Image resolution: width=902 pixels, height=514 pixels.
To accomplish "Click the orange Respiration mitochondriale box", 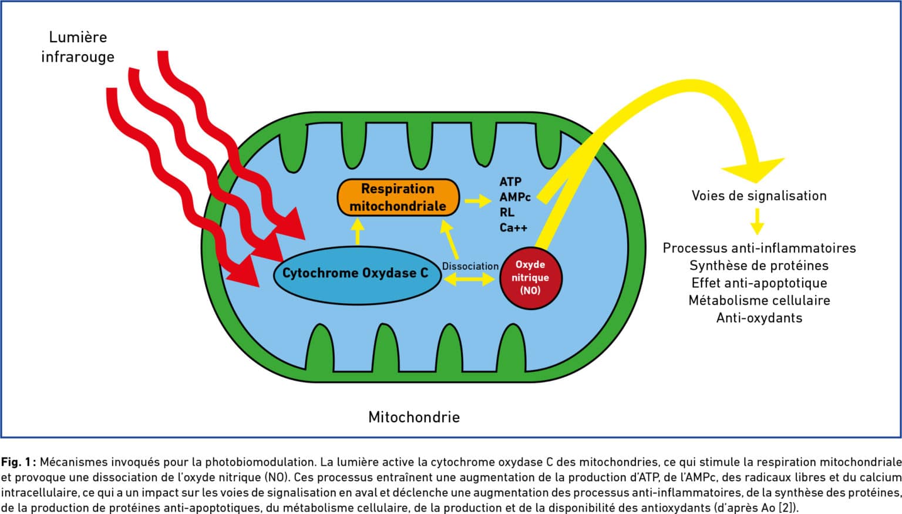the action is click(x=398, y=197).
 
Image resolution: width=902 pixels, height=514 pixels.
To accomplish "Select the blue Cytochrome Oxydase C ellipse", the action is click(x=357, y=275).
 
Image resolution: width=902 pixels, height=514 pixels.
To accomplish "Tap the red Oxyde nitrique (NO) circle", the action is click(x=530, y=277).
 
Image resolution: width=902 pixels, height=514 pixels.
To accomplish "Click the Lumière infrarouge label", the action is click(x=78, y=47).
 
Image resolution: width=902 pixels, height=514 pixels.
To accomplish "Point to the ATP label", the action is click(x=510, y=182).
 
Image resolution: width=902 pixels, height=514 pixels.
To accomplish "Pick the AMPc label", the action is click(x=515, y=197).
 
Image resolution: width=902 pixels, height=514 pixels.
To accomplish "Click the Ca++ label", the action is click(x=513, y=227).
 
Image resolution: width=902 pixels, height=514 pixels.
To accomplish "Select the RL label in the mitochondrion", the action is click(x=507, y=212).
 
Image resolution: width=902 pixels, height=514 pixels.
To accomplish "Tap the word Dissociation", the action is click(x=470, y=266).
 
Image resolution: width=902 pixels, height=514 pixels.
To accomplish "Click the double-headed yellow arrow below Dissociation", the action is click(x=469, y=279).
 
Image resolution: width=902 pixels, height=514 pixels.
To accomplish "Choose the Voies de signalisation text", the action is click(x=759, y=196).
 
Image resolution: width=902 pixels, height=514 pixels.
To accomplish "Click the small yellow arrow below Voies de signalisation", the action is click(x=758, y=221).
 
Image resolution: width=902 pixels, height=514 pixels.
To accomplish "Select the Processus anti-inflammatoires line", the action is click(x=759, y=248).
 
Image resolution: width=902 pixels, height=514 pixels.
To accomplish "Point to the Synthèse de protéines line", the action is click(x=759, y=266).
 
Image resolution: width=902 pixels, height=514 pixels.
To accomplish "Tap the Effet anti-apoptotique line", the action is click(x=759, y=283).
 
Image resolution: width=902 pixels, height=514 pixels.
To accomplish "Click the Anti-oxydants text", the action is click(x=759, y=318).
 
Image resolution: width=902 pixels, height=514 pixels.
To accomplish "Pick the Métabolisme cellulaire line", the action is click(x=759, y=301).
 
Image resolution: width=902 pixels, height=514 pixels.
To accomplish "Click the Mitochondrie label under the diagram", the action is click(x=414, y=417).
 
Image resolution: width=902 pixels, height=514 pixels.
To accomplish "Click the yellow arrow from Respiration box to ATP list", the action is click(x=478, y=200).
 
